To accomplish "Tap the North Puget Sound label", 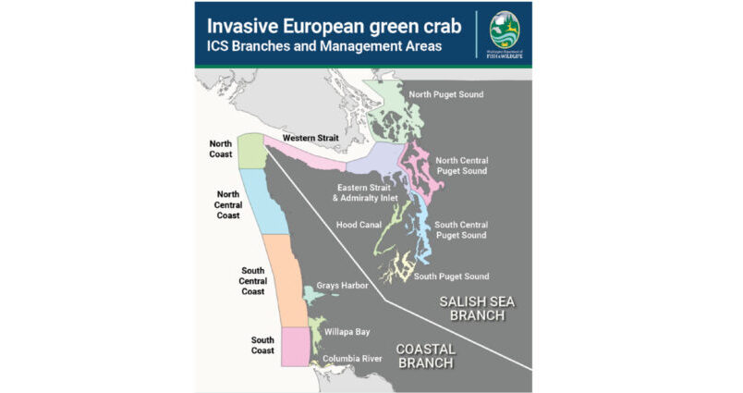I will [x=445, y=94].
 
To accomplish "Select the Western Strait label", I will [x=310, y=138].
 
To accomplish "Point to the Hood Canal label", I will [x=355, y=225].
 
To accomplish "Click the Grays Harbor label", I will [x=342, y=287].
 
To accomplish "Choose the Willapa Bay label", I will [x=347, y=330].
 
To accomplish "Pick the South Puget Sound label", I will [x=451, y=276].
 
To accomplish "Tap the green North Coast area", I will [x=251, y=151].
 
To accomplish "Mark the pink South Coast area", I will [x=295, y=346].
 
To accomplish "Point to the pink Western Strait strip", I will [x=305, y=154].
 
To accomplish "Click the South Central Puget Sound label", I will [x=460, y=229].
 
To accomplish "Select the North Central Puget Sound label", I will [x=460, y=165].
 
